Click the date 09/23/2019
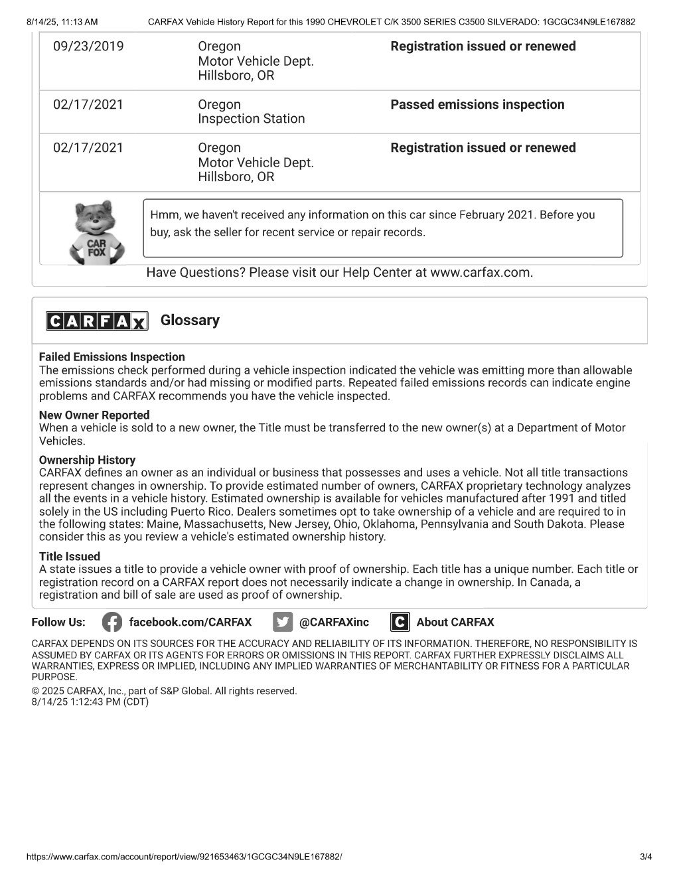pos(88,46)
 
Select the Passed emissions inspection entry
pos(477,105)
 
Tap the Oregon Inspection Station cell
pos(251,111)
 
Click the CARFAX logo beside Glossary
pos(97,321)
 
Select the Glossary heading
pos(190,321)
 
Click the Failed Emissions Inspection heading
pos(112,357)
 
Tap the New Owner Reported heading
pos(94,415)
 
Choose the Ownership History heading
pos(87,460)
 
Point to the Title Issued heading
pos(70,557)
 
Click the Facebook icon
pos(112,622)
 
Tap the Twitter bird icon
pos(283,622)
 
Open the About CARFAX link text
pos(455,622)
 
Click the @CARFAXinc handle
pos(334,622)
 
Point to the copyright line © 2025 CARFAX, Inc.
pos(164,691)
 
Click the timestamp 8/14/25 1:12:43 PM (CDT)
pos(90,701)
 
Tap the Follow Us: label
pos(58,622)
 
